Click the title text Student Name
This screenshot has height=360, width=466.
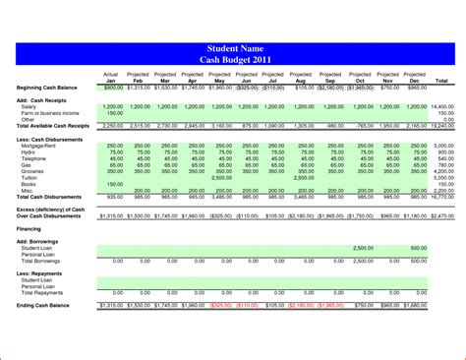233,48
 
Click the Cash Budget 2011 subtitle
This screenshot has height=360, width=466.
233,59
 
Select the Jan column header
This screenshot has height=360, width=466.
111,80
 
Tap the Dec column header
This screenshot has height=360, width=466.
416,80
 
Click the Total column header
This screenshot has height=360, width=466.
441,80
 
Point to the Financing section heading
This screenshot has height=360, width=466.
29,227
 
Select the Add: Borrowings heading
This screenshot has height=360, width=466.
37,240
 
